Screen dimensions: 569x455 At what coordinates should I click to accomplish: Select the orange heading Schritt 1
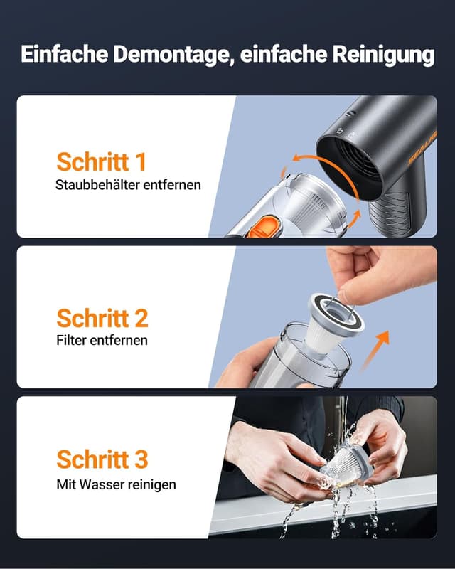[101, 161]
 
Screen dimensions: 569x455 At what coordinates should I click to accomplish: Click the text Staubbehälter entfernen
[128, 185]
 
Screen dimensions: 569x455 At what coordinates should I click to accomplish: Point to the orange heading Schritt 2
[102, 317]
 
